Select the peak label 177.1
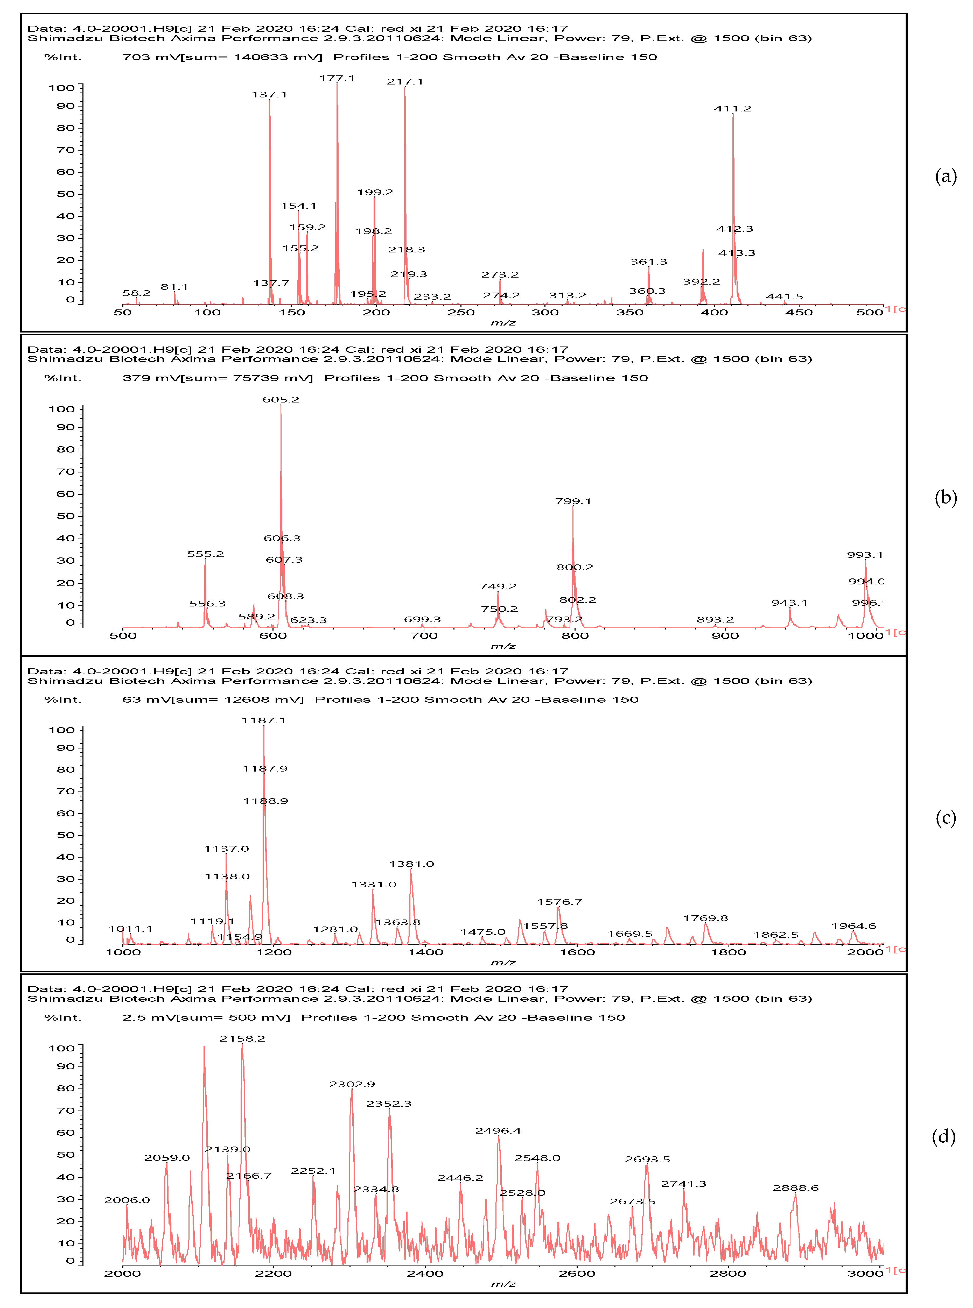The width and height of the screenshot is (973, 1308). pyautogui.click(x=337, y=78)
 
